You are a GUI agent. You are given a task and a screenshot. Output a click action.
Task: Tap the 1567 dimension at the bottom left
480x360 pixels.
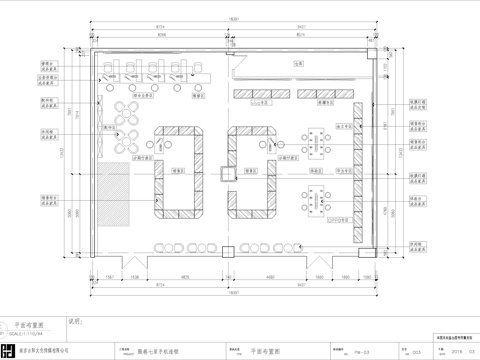click(x=108, y=275)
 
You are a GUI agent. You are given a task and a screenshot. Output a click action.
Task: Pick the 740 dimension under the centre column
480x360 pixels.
click(x=231, y=275)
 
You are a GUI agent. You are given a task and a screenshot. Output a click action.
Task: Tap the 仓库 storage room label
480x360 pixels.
click(x=297, y=64)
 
